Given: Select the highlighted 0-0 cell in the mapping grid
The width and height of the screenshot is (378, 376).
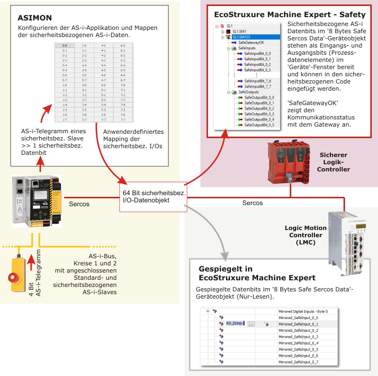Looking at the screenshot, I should tap(65, 45).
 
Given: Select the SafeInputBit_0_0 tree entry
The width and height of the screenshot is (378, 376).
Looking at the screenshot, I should tap(258, 53).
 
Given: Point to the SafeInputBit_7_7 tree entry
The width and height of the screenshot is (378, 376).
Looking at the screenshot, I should tap(258, 86).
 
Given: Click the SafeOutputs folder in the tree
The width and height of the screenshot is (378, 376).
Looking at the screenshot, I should tap(248, 92).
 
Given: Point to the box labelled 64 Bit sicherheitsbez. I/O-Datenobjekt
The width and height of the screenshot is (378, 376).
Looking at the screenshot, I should tap(154, 196).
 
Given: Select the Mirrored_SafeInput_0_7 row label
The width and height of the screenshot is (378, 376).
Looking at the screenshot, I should tap(298, 362).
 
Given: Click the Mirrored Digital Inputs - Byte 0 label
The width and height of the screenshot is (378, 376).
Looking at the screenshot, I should tap(303, 311).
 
